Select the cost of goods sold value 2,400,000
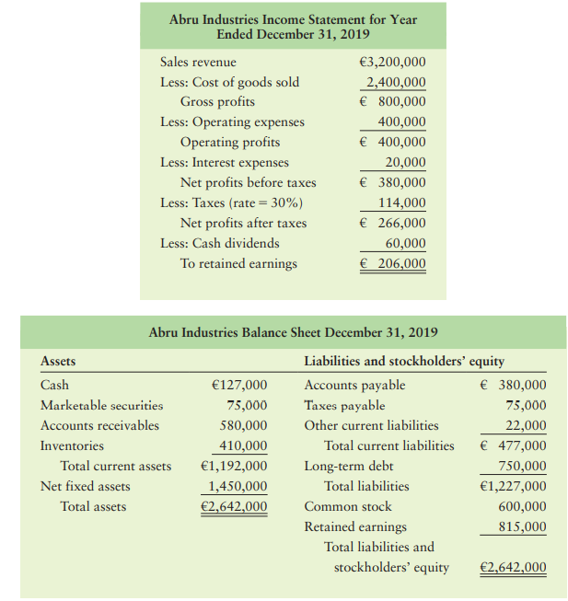pos(396,82)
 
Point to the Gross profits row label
pos(217,102)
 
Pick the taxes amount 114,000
pos(402,202)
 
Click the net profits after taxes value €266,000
pos(392,223)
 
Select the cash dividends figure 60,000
pos(405,243)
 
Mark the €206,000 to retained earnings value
pos(392,263)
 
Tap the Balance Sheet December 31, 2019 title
pos(293,332)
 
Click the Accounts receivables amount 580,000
pos(243,425)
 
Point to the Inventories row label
pos(72,445)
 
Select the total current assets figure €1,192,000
pos(234,466)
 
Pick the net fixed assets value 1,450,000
pos(238,486)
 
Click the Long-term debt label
pos(348,466)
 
